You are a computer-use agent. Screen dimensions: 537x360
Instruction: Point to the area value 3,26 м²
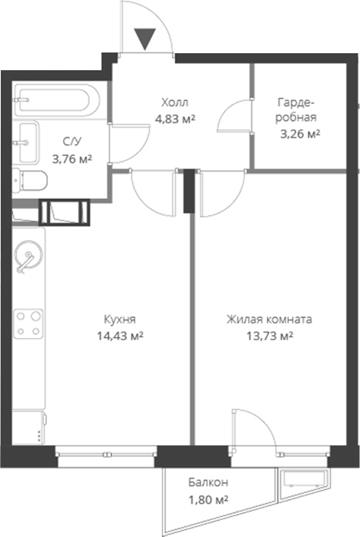(300, 133)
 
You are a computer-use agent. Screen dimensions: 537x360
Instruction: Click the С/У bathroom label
(71, 142)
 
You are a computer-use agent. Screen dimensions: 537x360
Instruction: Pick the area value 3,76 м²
(71, 159)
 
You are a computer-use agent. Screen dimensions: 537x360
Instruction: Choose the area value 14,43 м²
(119, 336)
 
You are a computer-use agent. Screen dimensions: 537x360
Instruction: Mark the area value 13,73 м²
(269, 336)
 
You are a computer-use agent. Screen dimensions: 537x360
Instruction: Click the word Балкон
(208, 483)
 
